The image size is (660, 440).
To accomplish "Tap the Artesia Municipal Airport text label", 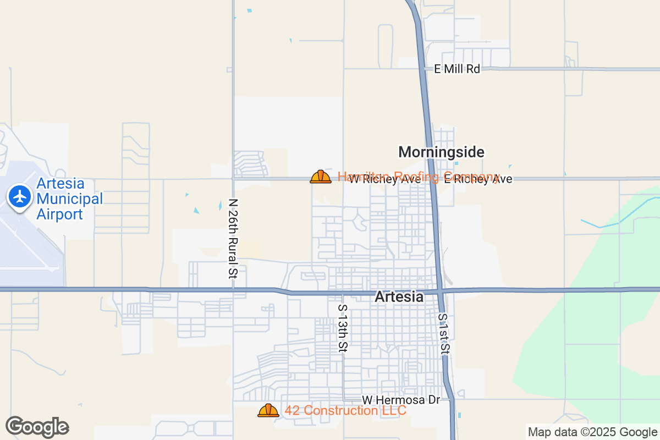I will pyautogui.click(x=69, y=199).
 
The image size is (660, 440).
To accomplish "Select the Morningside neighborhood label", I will pyautogui.click(x=441, y=152).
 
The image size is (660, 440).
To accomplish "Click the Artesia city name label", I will pyautogui.click(x=399, y=297).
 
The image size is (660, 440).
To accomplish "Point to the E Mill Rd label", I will pyautogui.click(x=457, y=69).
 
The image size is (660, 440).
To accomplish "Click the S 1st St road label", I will pyautogui.click(x=444, y=334).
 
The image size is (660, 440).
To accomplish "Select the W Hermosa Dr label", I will pyautogui.click(x=401, y=400).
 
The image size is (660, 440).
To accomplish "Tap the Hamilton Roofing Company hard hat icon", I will pyautogui.click(x=321, y=177).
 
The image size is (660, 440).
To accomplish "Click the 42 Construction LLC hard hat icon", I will pyautogui.click(x=268, y=410).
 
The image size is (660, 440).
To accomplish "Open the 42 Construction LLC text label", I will pyautogui.click(x=345, y=410).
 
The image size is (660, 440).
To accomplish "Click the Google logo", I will pyautogui.click(x=37, y=426).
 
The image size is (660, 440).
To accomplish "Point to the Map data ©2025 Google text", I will pyautogui.click(x=592, y=432).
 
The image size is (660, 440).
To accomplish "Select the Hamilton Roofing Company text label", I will pyautogui.click(x=418, y=177).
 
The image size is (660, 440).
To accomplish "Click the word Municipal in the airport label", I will pyautogui.click(x=69, y=199).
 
